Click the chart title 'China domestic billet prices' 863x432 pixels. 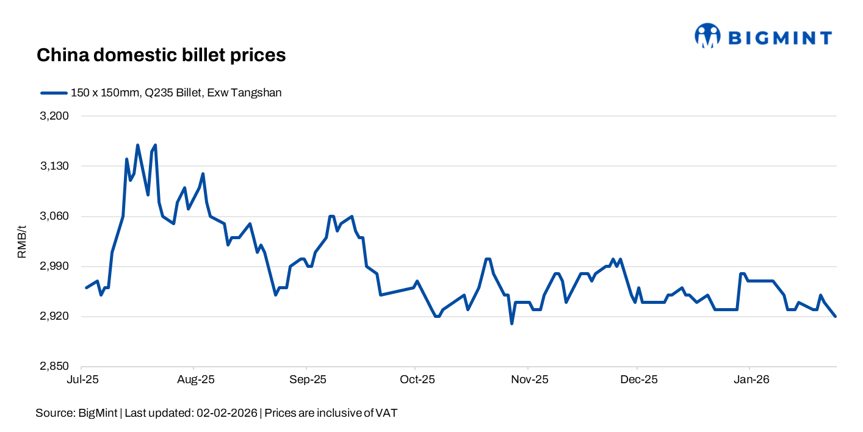(x=161, y=55)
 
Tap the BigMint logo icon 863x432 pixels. (x=707, y=36)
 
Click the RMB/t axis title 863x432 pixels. (x=22, y=242)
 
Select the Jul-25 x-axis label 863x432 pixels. (x=82, y=380)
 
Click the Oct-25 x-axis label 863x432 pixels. (x=417, y=380)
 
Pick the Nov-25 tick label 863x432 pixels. (x=530, y=380)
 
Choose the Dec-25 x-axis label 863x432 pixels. (x=639, y=380)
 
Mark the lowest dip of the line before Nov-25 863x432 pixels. (x=511, y=323)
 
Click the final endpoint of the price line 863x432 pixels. (x=836, y=316)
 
